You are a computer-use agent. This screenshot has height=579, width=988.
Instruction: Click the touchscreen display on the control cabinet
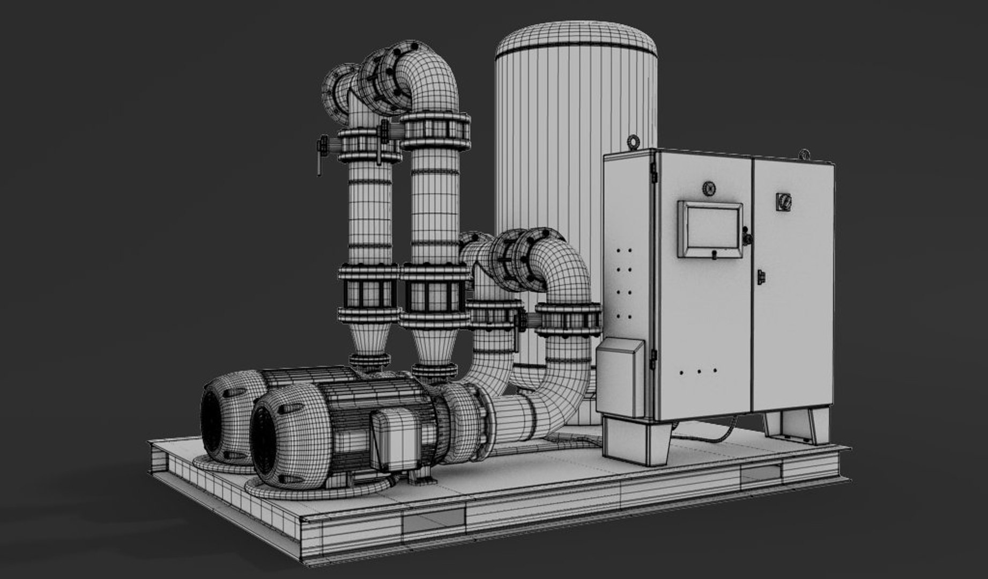pos(709,228)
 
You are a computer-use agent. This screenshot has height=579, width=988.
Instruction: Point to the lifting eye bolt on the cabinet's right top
pos(804,154)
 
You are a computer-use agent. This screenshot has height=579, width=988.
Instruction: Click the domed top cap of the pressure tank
pos(576,40)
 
